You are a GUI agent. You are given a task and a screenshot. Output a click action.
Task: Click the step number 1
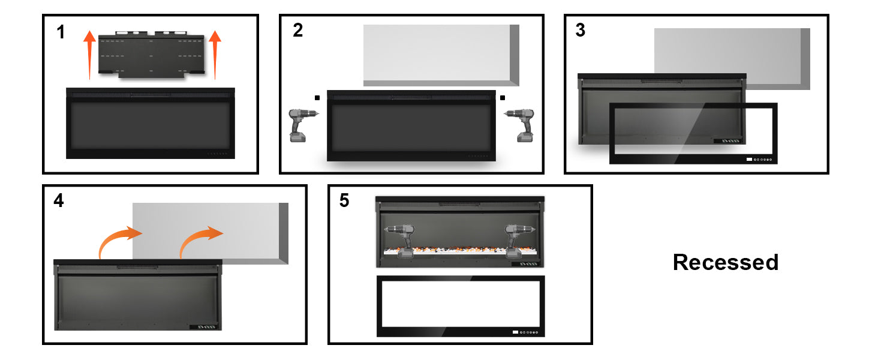[x=61, y=32]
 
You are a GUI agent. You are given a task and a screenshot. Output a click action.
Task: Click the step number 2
[x=298, y=31]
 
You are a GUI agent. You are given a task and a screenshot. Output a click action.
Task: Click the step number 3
[x=580, y=31]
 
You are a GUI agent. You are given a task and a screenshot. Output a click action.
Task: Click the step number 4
[x=58, y=200]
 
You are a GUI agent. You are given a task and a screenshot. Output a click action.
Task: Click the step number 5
[x=344, y=200]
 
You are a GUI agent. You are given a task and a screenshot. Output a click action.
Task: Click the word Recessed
[x=725, y=262]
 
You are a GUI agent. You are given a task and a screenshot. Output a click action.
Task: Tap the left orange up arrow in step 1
[x=89, y=54]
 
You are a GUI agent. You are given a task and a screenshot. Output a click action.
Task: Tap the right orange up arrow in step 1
[x=214, y=54]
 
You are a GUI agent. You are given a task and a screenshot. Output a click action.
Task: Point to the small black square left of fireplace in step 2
[x=317, y=97]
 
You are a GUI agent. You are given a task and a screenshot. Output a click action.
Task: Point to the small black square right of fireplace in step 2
[x=503, y=97]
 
